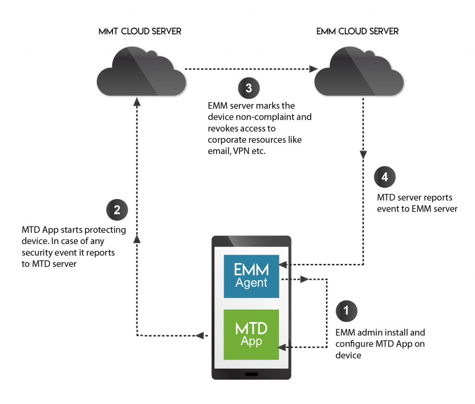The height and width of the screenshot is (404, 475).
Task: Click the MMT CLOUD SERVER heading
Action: point(140,32)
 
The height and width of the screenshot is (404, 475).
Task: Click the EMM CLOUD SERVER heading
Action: point(357,32)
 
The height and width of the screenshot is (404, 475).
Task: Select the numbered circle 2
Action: point(116,210)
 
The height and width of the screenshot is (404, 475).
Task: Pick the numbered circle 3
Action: point(248,88)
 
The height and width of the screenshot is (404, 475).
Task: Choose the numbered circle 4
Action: point(385,177)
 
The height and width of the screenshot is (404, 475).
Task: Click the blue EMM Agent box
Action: point(251,276)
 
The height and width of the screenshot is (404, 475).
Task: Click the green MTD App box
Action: point(251,334)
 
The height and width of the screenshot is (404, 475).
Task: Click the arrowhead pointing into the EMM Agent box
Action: point(283,265)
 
